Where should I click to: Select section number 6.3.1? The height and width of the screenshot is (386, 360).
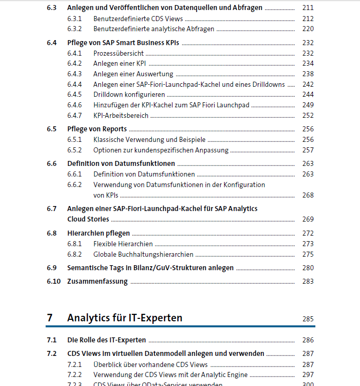pos(74,19)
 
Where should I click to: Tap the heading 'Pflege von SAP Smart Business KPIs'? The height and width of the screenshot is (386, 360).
pos(123,43)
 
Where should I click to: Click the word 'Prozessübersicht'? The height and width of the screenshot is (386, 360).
pos(118,53)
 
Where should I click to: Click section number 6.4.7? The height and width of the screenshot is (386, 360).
pos(74,115)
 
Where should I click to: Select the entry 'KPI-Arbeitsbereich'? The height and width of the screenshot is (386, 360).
pos(121,115)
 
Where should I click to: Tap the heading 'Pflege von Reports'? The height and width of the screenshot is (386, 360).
pos(97,129)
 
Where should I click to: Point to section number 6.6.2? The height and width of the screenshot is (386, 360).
pos(74,184)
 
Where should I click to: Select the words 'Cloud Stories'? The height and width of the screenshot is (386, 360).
pos(88,219)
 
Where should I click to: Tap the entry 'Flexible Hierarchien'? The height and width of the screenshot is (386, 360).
pos(123,244)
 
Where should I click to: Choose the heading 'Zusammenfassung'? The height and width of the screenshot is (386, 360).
pos(97,281)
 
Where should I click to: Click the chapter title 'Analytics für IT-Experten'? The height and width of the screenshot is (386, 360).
pos(124,318)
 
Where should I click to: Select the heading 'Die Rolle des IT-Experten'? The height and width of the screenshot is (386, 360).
pos(106,340)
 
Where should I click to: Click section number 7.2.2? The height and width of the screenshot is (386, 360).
pos(74,374)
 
